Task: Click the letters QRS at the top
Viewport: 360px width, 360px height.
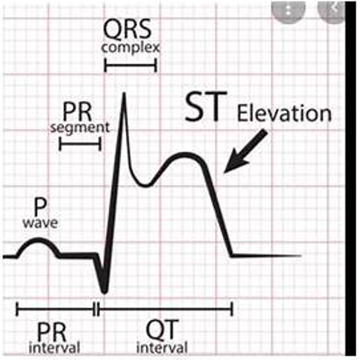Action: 127,30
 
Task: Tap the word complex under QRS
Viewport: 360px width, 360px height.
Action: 131,48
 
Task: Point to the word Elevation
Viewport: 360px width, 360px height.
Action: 284,113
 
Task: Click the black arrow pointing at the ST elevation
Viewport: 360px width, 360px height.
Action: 245,152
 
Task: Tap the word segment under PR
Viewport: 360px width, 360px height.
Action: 80,129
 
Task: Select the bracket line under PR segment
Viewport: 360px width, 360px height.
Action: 80,143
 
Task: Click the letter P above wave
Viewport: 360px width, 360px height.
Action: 40,207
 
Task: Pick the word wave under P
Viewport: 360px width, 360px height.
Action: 40,223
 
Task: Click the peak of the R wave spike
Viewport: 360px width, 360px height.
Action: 124,94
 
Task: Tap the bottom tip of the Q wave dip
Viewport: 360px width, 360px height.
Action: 104,292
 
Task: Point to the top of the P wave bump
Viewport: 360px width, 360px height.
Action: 39,239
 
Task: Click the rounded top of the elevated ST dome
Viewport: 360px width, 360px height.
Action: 185,154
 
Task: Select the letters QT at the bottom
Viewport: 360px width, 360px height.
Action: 162,330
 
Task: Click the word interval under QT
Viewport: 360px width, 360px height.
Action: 162,347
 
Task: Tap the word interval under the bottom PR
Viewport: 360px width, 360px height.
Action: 54,347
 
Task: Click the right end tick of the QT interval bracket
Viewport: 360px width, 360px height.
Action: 232,309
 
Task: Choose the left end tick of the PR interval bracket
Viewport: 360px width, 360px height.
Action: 17,309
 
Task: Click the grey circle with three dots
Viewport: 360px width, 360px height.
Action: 288,11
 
